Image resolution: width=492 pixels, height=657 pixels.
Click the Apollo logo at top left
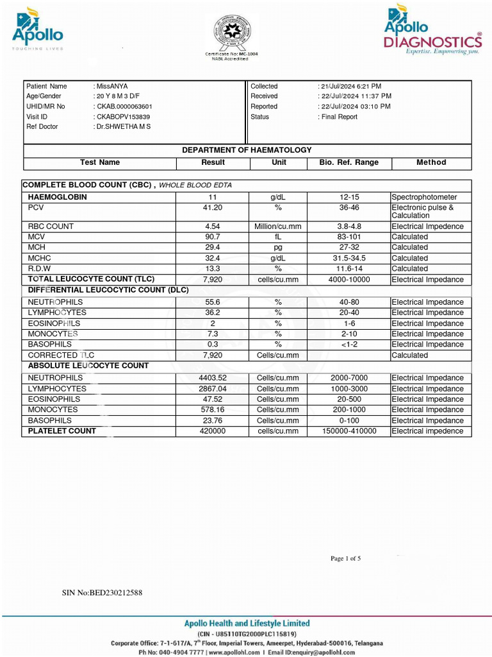click(37, 30)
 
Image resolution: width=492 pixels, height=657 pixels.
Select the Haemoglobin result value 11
click(213, 198)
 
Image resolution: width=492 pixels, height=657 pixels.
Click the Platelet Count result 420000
click(213, 431)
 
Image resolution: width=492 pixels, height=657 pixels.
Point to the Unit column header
click(279, 163)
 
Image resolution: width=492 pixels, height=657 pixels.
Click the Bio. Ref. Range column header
click(348, 163)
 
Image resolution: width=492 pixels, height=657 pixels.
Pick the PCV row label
click(37, 208)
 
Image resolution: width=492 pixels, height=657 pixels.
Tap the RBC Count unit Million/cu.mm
click(278, 226)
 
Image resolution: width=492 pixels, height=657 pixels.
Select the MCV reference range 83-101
click(348, 237)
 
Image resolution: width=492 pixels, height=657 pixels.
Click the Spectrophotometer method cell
click(424, 198)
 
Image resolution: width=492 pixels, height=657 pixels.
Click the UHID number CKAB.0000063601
click(124, 107)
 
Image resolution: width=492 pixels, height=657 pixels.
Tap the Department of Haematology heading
click(247, 150)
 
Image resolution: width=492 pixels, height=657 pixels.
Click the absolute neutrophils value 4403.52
click(213, 378)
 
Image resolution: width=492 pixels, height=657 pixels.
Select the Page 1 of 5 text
click(345, 558)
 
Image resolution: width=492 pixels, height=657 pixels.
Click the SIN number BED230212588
click(102, 593)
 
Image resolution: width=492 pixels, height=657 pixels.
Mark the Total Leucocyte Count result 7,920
click(213, 280)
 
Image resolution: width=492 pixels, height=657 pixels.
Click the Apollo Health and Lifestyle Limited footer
click(247, 623)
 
